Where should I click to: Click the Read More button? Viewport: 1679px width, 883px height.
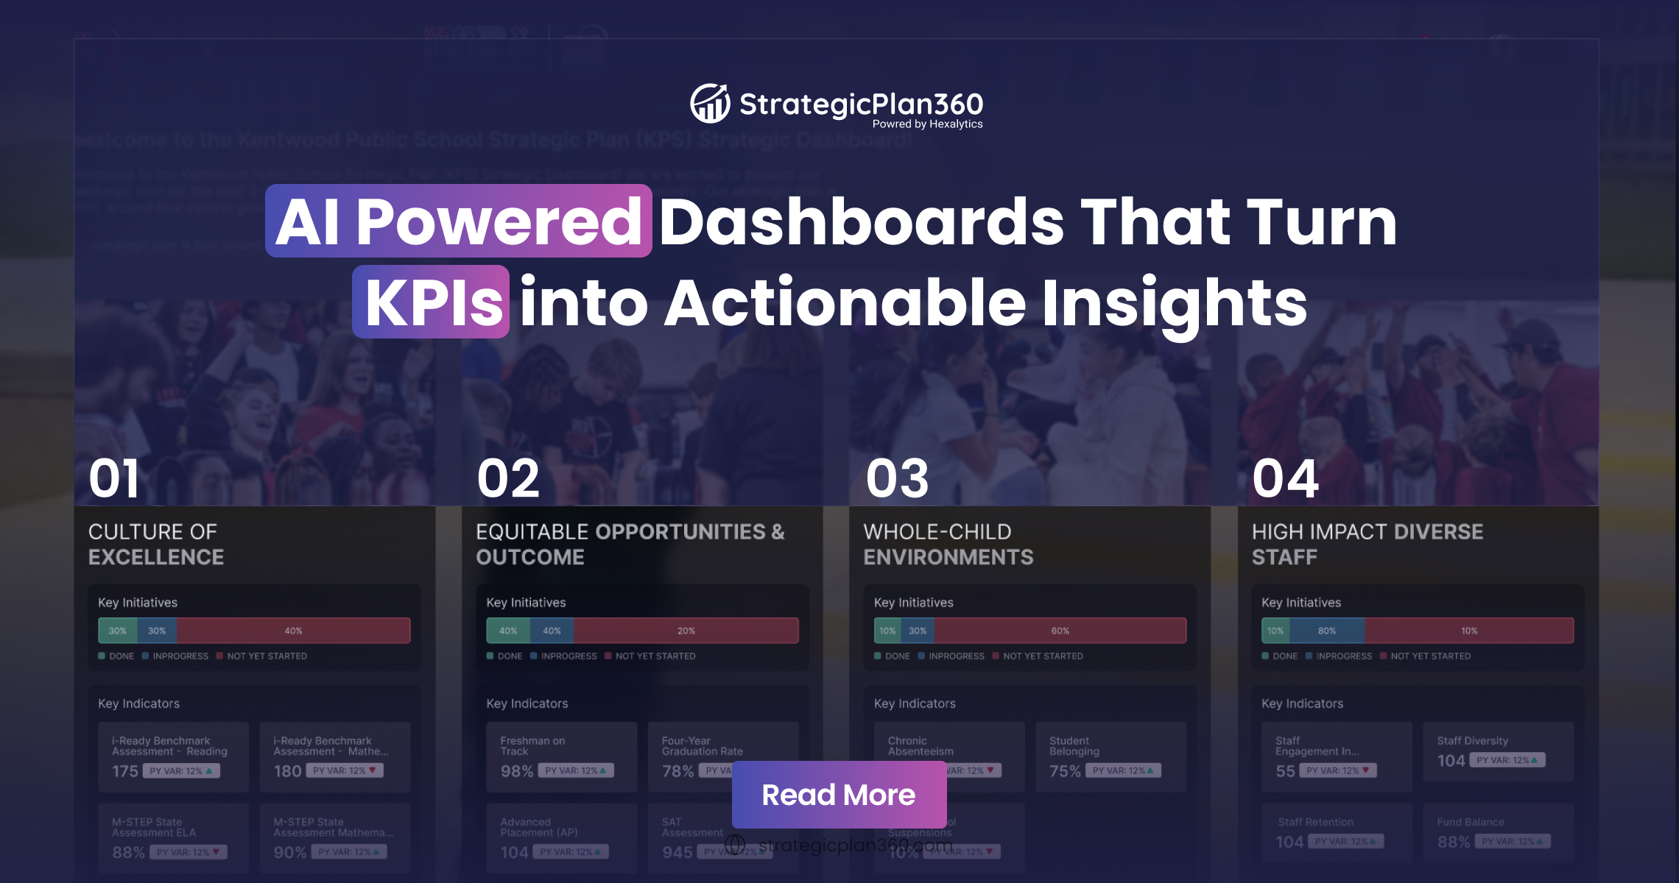tap(839, 795)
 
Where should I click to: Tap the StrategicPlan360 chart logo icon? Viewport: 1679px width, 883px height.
tap(710, 104)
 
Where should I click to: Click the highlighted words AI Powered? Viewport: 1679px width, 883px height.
tap(458, 221)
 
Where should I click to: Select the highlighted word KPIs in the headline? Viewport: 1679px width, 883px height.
tap(432, 302)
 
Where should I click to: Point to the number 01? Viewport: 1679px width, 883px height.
tap(113, 478)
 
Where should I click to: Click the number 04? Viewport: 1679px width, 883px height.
tap(1285, 478)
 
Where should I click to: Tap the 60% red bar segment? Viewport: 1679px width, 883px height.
tap(1060, 631)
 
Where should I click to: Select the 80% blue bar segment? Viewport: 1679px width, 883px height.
tap(1326, 631)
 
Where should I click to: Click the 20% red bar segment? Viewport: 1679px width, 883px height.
tap(686, 631)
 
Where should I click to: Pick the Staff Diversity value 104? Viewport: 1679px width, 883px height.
tap(1451, 761)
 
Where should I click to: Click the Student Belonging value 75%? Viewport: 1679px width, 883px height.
tap(1065, 771)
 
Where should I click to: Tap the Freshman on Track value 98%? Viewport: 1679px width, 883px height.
tap(516, 771)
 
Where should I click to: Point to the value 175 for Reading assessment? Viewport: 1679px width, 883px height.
tap(125, 771)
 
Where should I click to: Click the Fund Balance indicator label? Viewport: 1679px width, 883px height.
tap(1471, 822)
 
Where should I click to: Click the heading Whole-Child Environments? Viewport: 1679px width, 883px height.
tap(948, 545)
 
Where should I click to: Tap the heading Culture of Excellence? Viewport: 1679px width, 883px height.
tap(156, 545)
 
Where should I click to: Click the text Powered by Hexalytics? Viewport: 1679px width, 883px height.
tap(927, 124)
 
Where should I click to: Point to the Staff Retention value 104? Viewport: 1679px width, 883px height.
tap(1289, 842)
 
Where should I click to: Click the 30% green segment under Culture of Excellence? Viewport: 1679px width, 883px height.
tap(117, 631)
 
